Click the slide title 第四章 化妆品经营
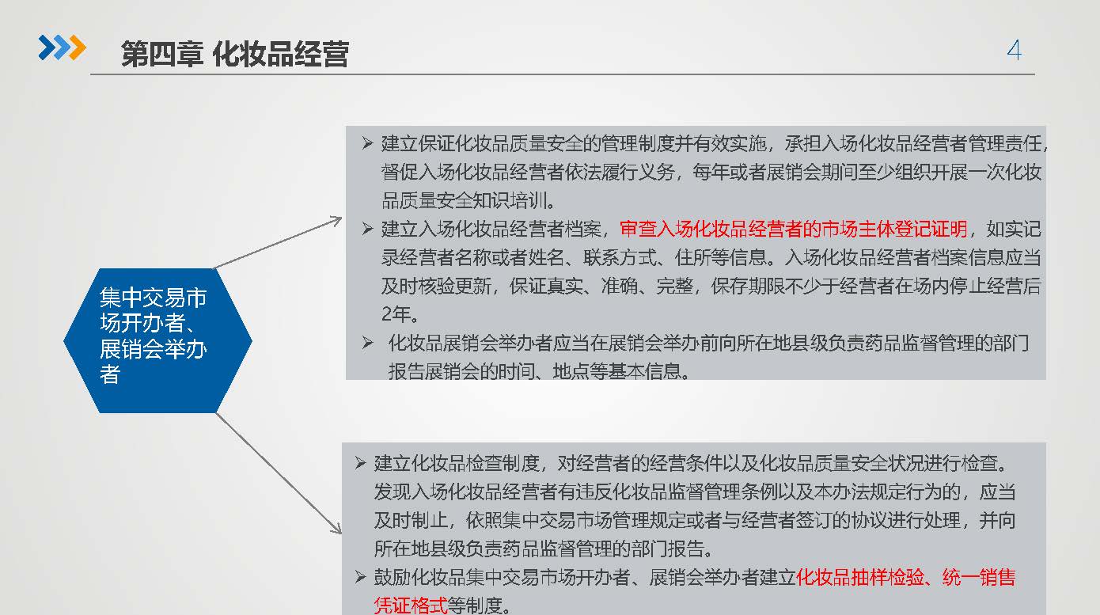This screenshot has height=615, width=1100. (235, 54)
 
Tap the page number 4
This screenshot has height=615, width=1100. (1014, 50)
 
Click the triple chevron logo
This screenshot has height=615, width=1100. (63, 47)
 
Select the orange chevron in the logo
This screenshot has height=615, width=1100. (78, 47)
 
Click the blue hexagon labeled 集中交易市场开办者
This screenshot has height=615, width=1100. (157, 340)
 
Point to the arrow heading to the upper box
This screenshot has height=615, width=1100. (278, 243)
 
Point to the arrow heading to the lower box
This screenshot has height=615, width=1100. (279, 473)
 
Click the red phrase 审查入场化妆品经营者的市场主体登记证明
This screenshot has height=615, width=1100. (793, 229)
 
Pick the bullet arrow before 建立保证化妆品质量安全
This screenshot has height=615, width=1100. (368, 143)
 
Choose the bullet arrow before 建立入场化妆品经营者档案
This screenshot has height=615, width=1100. (368, 229)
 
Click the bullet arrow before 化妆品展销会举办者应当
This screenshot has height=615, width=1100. (368, 343)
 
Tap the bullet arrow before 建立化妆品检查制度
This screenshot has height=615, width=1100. (360, 463)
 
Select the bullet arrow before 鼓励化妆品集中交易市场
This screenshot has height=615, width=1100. (360, 577)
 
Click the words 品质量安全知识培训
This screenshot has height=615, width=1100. (465, 200)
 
